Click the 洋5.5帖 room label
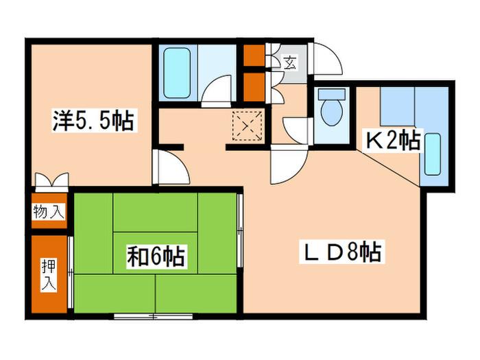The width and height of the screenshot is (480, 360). [x=93, y=122]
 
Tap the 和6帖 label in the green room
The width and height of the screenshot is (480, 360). [x=155, y=258]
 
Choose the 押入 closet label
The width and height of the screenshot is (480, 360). [x=49, y=274]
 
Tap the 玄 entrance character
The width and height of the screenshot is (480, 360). [x=290, y=64]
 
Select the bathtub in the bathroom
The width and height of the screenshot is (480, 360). [x=178, y=72]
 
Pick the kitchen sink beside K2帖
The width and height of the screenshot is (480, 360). [x=433, y=155]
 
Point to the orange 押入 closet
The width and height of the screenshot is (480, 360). [x=49, y=274]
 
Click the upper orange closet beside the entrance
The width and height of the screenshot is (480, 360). [x=254, y=55]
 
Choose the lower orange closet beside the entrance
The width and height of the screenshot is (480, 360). [x=254, y=86]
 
